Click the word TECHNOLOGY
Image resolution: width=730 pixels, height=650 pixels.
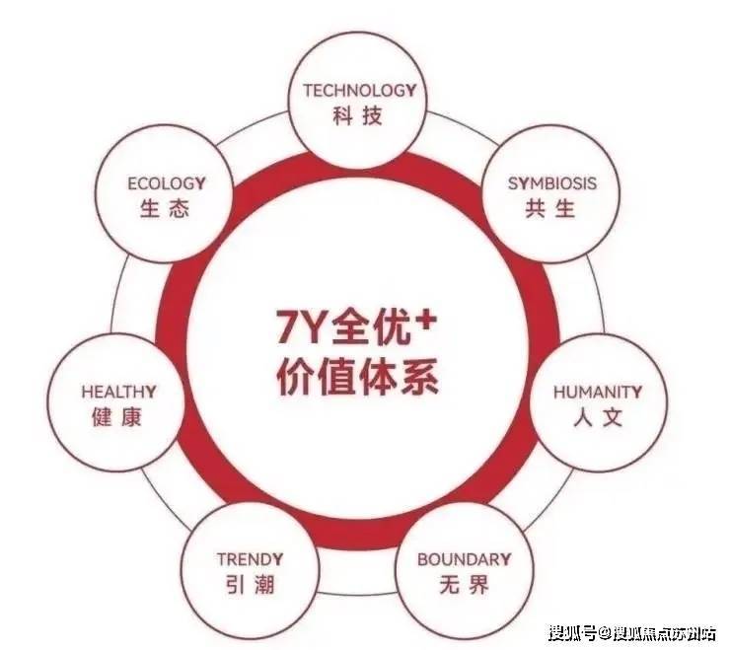[x=359, y=91]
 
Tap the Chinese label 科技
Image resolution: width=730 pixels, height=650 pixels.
[x=359, y=116]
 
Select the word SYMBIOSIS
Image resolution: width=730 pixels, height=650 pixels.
[x=552, y=183]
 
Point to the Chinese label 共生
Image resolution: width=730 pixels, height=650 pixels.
[x=551, y=209]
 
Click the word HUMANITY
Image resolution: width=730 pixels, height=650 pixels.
[x=598, y=392]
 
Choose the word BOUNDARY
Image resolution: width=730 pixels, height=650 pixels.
[x=465, y=559]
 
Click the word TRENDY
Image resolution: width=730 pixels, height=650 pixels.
[x=251, y=559]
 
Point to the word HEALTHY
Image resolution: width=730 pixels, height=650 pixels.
[x=118, y=392]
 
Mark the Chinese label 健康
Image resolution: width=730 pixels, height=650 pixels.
[x=118, y=417]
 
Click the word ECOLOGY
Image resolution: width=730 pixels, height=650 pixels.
[x=166, y=183]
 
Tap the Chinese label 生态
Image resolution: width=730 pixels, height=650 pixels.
[x=166, y=209]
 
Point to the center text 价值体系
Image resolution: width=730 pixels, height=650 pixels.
[x=357, y=379]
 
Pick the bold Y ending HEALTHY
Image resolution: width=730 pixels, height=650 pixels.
[x=150, y=392]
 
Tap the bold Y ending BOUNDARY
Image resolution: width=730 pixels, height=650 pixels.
[x=506, y=559]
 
